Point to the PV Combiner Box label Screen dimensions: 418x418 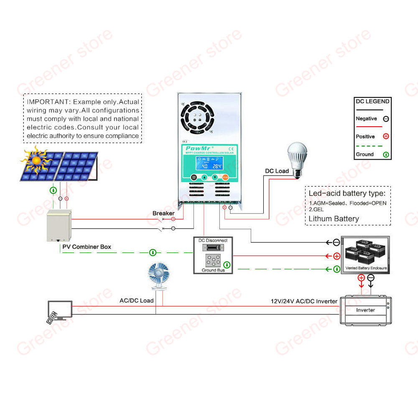pos(87,247)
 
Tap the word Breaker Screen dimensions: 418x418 pos(163,213)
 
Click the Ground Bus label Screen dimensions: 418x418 pos(213,270)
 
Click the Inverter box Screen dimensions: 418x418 pos(365,310)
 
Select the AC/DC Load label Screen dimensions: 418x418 pos(137,301)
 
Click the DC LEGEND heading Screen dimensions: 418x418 pos(372,101)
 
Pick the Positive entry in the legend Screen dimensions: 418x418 pos(365,137)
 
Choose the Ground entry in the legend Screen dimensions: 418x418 pos(364,154)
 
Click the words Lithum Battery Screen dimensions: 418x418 pos(334,219)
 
